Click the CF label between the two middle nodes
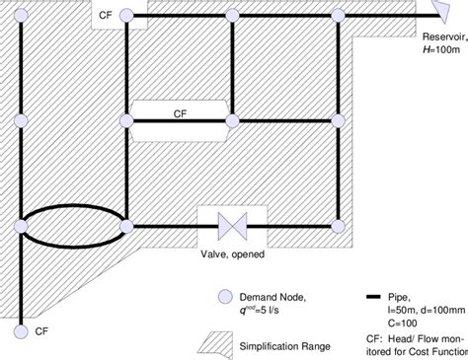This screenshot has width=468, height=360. (x=180, y=111)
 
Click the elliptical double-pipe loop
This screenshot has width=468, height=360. (x=73, y=226)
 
